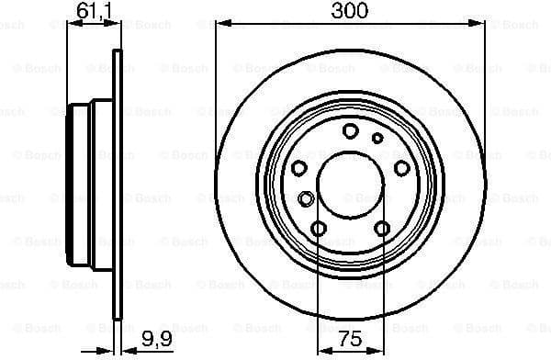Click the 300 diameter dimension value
[349, 11]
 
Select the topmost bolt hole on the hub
[350, 131]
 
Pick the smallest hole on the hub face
[377, 139]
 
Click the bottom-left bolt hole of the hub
[320, 229]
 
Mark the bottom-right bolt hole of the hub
[381, 229]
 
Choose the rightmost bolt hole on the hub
[400, 168]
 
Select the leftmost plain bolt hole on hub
[299, 168]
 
